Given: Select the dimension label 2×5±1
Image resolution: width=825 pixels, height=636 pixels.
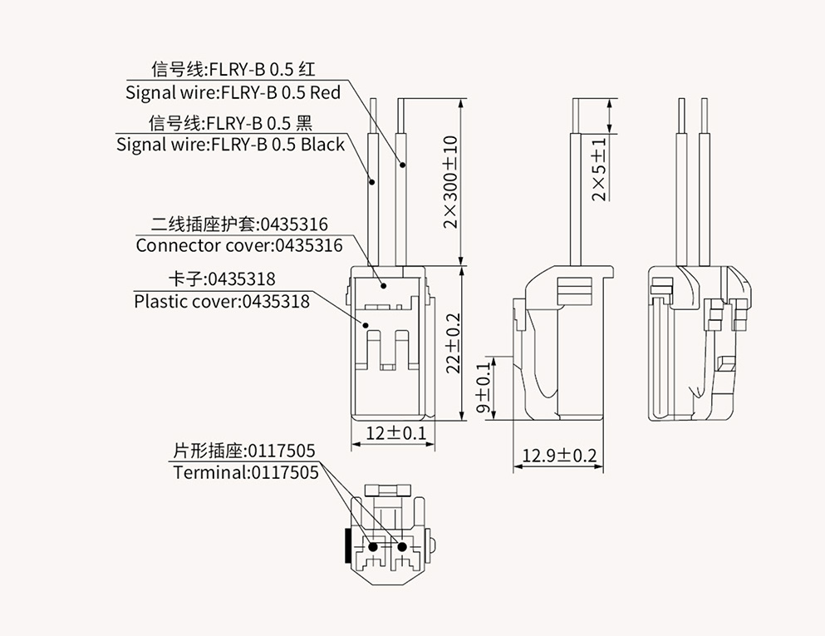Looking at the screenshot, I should pos(599,170).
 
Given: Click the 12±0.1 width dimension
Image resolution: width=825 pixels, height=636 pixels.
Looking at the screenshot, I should pos(395,433).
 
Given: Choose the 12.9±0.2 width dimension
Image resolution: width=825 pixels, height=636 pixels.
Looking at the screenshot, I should pos(559,456).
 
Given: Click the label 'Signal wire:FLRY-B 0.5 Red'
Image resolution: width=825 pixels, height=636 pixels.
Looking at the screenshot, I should pos(233,91).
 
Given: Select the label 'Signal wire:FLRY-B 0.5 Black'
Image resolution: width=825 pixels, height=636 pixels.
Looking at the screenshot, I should pos(230,145).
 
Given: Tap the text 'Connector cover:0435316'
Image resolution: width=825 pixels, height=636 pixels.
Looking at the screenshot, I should pos(238,245).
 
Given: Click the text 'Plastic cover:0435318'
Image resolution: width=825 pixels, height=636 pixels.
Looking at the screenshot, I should pos(222,301).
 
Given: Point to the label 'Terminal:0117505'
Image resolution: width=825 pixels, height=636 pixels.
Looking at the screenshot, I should pos(246,472).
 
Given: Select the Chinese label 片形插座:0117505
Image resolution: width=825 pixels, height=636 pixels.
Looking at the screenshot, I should pos(243,451).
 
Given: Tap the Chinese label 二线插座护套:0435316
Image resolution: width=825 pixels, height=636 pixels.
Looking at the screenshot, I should pos(239,224).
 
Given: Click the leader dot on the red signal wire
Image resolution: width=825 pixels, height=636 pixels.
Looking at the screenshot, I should pos(403,165).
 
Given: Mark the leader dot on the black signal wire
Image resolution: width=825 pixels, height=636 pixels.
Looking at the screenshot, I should pos(373,182).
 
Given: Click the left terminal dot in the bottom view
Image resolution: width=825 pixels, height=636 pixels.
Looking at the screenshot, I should pos(373,547).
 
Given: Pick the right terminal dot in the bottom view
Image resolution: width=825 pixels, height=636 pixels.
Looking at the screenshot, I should pos(403,547).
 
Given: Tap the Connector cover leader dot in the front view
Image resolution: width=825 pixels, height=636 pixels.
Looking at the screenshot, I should pos(385,285).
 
